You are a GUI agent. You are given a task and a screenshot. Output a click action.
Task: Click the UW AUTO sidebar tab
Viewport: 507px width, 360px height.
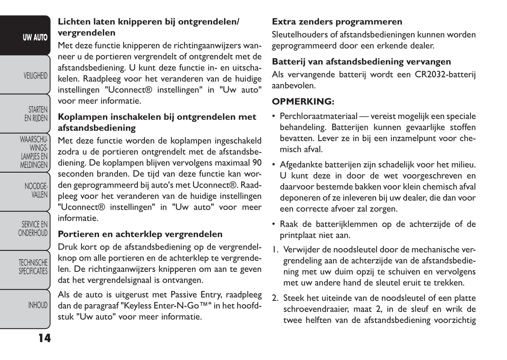coord(35,38)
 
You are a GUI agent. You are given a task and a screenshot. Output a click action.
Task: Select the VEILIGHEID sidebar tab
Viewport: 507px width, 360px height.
coord(35,75)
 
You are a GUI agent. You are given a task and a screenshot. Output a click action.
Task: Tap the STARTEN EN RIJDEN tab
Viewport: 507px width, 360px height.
coord(35,114)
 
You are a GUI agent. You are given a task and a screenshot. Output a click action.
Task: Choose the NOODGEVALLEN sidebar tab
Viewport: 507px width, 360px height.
coord(35,190)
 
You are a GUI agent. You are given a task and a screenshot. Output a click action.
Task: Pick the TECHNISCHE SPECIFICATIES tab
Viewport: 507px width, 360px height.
coord(33,267)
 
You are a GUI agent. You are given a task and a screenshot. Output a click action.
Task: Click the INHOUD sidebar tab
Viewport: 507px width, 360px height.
coord(38,305)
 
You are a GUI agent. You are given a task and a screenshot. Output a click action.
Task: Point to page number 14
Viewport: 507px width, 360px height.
coord(45,338)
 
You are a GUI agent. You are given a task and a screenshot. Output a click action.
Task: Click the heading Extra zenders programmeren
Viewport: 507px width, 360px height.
coord(337,22)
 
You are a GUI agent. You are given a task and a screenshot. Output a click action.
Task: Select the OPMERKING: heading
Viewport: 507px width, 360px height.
coord(303,102)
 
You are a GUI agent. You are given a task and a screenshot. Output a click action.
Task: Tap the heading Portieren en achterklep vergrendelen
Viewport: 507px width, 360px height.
coord(140,234)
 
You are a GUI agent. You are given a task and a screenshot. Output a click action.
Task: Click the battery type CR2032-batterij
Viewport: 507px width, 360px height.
coord(445,74)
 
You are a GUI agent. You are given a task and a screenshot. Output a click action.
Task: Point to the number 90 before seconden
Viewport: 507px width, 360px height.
coord(257,163)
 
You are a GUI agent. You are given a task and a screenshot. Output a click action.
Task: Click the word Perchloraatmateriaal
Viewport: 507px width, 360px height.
coord(318,116)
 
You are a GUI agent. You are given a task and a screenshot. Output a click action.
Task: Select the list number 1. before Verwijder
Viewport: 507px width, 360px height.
coord(275,250)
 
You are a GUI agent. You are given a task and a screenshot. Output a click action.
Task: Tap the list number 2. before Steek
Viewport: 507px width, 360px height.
coord(275,298)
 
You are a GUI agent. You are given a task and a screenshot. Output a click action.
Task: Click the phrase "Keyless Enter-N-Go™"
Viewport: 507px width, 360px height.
coord(166,306)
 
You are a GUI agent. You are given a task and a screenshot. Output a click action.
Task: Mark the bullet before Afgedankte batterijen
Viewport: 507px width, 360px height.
coord(274,165)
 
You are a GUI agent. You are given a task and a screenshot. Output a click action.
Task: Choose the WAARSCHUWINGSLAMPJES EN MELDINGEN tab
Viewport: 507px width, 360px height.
coord(34,152)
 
